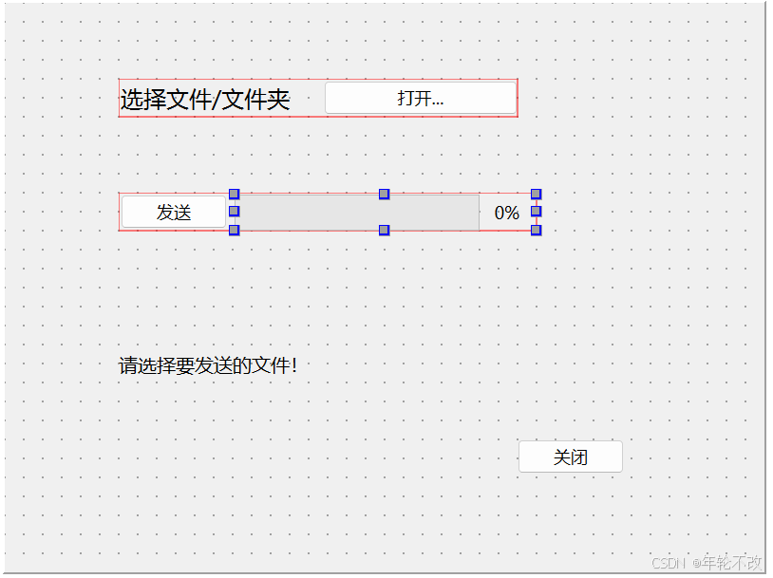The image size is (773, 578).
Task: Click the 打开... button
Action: (x=420, y=98)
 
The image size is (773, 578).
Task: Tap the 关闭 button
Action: (x=570, y=457)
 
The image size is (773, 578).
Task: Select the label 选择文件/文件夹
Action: (x=205, y=99)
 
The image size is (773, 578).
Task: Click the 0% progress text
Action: (x=507, y=213)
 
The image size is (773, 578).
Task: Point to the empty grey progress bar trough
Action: (x=356, y=213)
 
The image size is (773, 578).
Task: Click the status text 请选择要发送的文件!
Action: (x=207, y=365)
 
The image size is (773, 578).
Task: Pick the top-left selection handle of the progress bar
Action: (x=234, y=194)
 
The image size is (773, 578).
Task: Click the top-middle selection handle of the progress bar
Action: (x=385, y=194)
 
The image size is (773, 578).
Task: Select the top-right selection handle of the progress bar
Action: (x=536, y=194)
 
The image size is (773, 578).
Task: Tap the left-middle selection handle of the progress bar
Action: (x=234, y=212)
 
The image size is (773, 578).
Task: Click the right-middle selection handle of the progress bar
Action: (x=536, y=212)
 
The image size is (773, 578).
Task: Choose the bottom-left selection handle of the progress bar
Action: (x=234, y=230)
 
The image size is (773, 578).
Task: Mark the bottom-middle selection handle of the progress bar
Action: (x=385, y=230)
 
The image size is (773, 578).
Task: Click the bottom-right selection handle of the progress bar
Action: (x=536, y=230)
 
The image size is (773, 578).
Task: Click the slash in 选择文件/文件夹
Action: (x=217, y=99)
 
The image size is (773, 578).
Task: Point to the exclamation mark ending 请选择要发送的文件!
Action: (x=294, y=365)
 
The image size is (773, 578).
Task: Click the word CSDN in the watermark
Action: (x=669, y=563)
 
